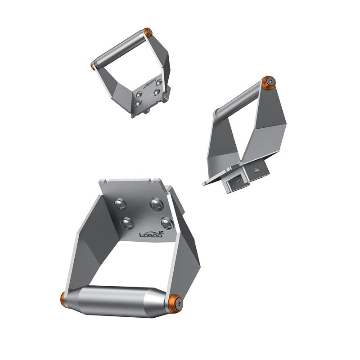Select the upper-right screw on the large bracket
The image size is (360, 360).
pos(156,204)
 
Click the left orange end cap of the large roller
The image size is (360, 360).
pos(64,297)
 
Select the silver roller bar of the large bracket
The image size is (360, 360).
pos(119,301)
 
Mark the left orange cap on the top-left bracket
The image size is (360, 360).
pos(93,66)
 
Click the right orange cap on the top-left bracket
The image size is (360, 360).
pos(148,32)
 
